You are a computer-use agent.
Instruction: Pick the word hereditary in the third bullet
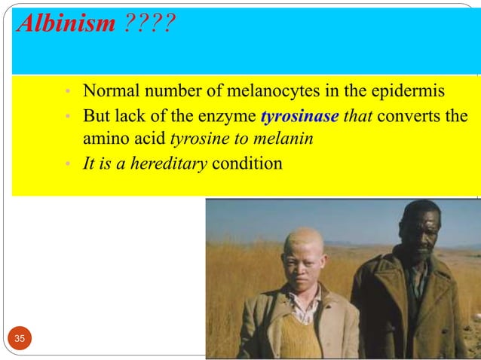tap(171, 163)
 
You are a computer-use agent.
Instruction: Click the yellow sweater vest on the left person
tap(302, 339)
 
